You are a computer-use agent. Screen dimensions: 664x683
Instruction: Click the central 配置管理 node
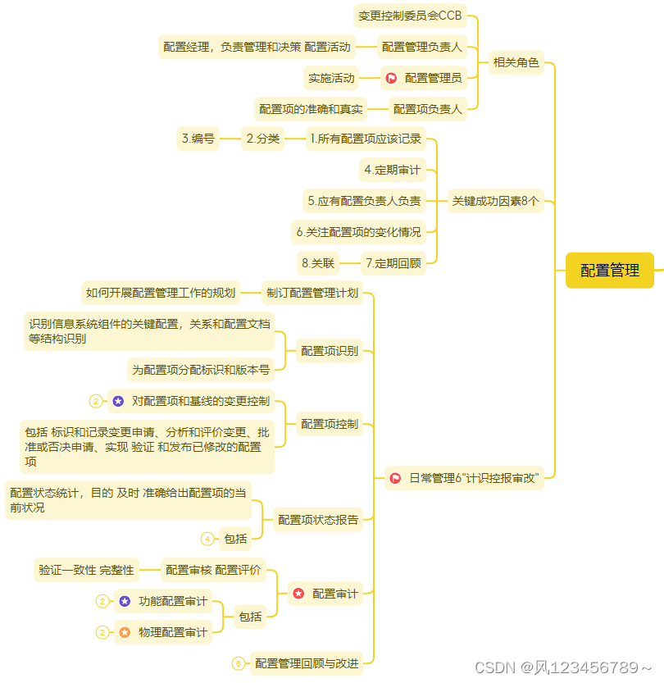point(609,271)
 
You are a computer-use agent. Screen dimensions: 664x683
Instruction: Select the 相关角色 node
point(516,61)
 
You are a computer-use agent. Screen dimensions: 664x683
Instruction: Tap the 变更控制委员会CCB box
point(410,16)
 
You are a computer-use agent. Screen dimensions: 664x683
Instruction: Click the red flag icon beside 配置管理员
point(391,78)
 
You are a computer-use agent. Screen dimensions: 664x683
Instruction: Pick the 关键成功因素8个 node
point(496,201)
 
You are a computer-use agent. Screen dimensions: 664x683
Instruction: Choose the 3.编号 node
point(198,139)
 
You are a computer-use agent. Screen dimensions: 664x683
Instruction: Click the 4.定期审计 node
point(393,170)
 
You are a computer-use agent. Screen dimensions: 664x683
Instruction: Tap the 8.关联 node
point(318,263)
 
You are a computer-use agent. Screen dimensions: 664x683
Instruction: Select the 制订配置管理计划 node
point(312,293)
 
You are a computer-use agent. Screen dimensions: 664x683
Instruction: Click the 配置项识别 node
point(329,351)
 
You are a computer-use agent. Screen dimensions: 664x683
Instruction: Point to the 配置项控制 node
point(329,424)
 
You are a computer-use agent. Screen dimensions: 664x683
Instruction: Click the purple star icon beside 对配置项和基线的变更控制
point(118,401)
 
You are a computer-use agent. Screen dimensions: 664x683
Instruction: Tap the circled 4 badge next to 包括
point(207,539)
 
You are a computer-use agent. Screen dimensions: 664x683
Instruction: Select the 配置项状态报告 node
point(318,519)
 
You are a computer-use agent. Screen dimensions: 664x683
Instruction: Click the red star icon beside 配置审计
point(298,593)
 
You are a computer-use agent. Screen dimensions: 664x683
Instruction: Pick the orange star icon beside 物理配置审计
point(125,632)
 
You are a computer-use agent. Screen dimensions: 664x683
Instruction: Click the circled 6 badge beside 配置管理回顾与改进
point(239,663)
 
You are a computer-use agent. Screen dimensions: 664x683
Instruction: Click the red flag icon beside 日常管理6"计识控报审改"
point(395,478)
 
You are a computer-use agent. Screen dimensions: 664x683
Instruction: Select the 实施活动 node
point(331,78)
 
